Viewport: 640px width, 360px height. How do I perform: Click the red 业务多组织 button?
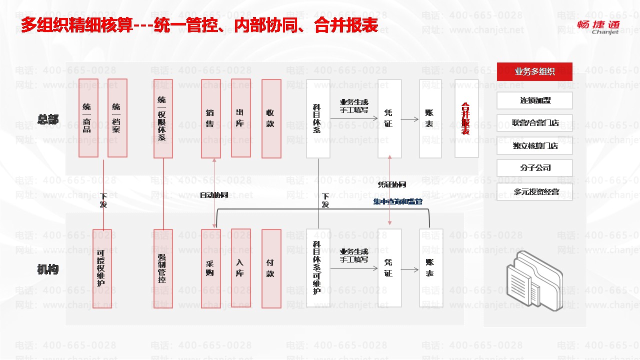(534, 71)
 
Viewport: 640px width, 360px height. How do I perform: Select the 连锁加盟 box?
(534, 100)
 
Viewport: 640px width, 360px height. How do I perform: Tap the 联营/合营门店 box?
(534, 123)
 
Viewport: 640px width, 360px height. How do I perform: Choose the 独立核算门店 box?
(534, 146)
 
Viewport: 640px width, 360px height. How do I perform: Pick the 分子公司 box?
(534, 168)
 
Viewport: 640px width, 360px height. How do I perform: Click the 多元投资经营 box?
(534, 191)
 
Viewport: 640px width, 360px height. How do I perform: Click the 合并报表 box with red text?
(466, 119)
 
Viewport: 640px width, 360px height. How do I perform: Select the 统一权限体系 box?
(163, 119)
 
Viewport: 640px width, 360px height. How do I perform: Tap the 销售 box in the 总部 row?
(210, 119)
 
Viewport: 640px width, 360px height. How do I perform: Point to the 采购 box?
(210, 268)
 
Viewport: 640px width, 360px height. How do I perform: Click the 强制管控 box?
(163, 268)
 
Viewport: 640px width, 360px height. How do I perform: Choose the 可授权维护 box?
(102, 268)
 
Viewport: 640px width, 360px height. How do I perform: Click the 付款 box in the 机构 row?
(271, 268)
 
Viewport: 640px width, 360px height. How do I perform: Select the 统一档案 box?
(117, 118)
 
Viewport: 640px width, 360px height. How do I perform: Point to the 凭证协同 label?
(391, 184)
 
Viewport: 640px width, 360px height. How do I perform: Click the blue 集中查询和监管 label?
(397, 201)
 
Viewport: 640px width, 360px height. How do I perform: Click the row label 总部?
(48, 119)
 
